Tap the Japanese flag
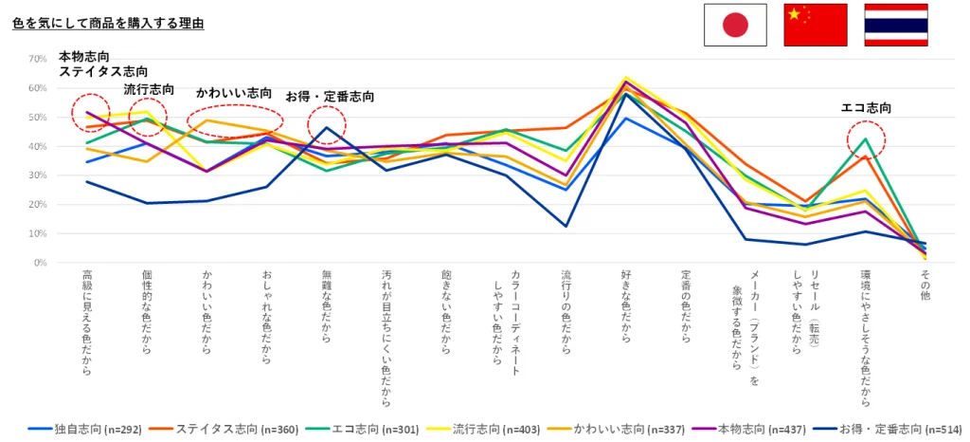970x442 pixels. tap(734, 25)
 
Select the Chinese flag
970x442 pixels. tap(815, 25)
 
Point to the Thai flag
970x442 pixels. tap(895, 25)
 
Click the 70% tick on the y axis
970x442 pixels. tap(38, 59)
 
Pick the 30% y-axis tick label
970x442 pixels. tap(38, 175)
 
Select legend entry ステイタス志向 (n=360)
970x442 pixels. tap(211, 430)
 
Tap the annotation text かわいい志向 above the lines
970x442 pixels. tap(234, 93)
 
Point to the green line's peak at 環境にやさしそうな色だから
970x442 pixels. tap(865, 139)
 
